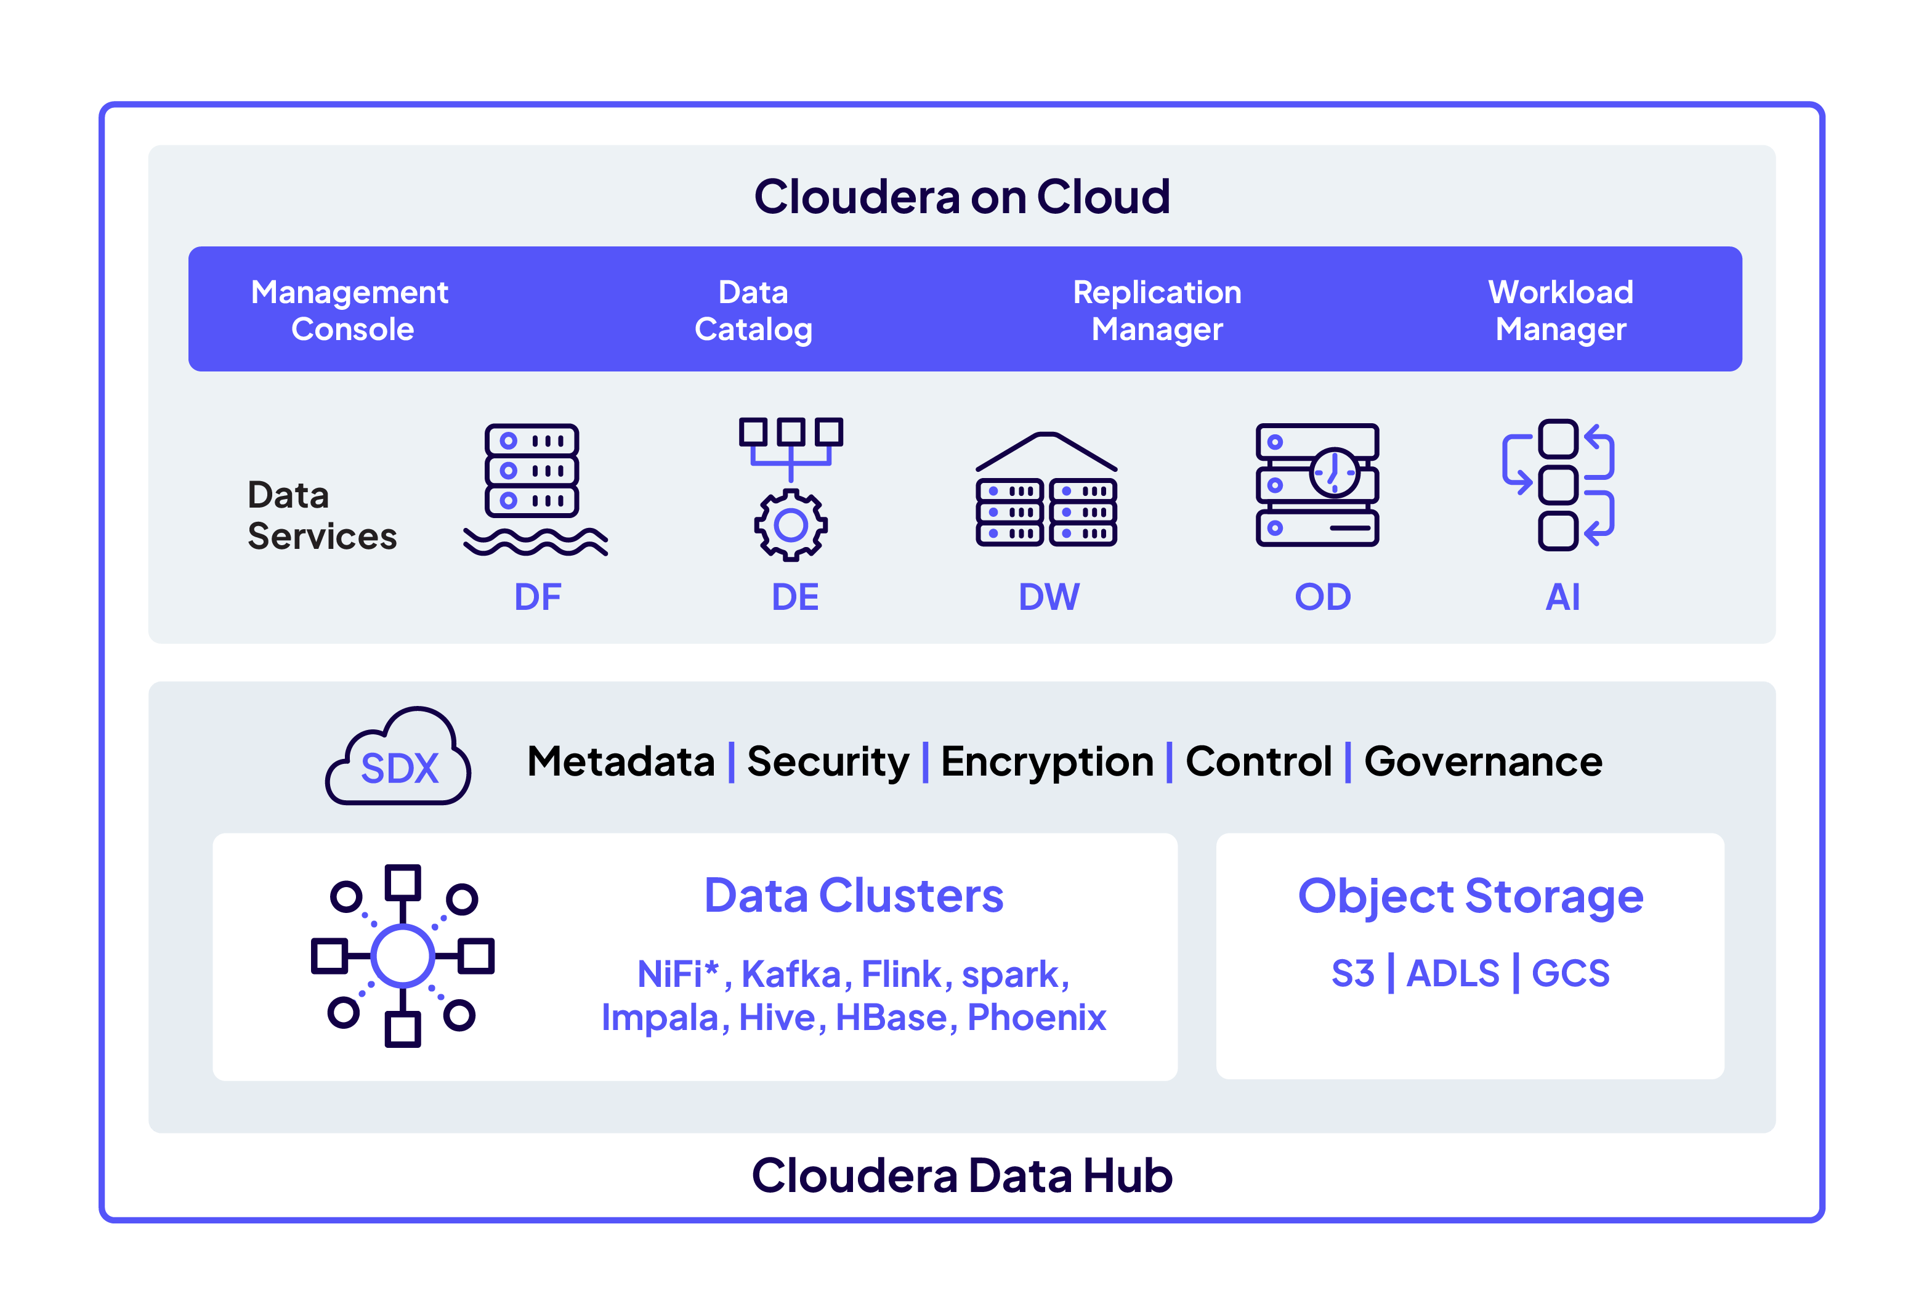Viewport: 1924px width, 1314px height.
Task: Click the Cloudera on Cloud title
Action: [961, 197]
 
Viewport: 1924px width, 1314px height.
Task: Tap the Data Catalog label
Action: [753, 310]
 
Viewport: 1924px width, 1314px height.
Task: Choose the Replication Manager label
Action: [1157, 310]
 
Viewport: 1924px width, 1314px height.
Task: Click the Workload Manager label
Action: [1561, 310]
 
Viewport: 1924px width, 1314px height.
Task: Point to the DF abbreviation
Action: [537, 597]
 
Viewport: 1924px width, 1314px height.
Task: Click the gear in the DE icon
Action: [791, 525]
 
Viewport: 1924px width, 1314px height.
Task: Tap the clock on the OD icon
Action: [1334, 472]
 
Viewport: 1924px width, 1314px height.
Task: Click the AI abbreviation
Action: [1562, 597]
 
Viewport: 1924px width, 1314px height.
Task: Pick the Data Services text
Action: [321, 516]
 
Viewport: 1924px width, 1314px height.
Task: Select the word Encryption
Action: [1047, 762]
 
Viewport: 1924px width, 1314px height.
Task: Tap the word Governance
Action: [1483, 762]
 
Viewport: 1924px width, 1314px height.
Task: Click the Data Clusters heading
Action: [854, 896]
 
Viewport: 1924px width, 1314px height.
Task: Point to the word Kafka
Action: [791, 975]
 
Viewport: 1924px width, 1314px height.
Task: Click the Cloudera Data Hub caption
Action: [962, 1176]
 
